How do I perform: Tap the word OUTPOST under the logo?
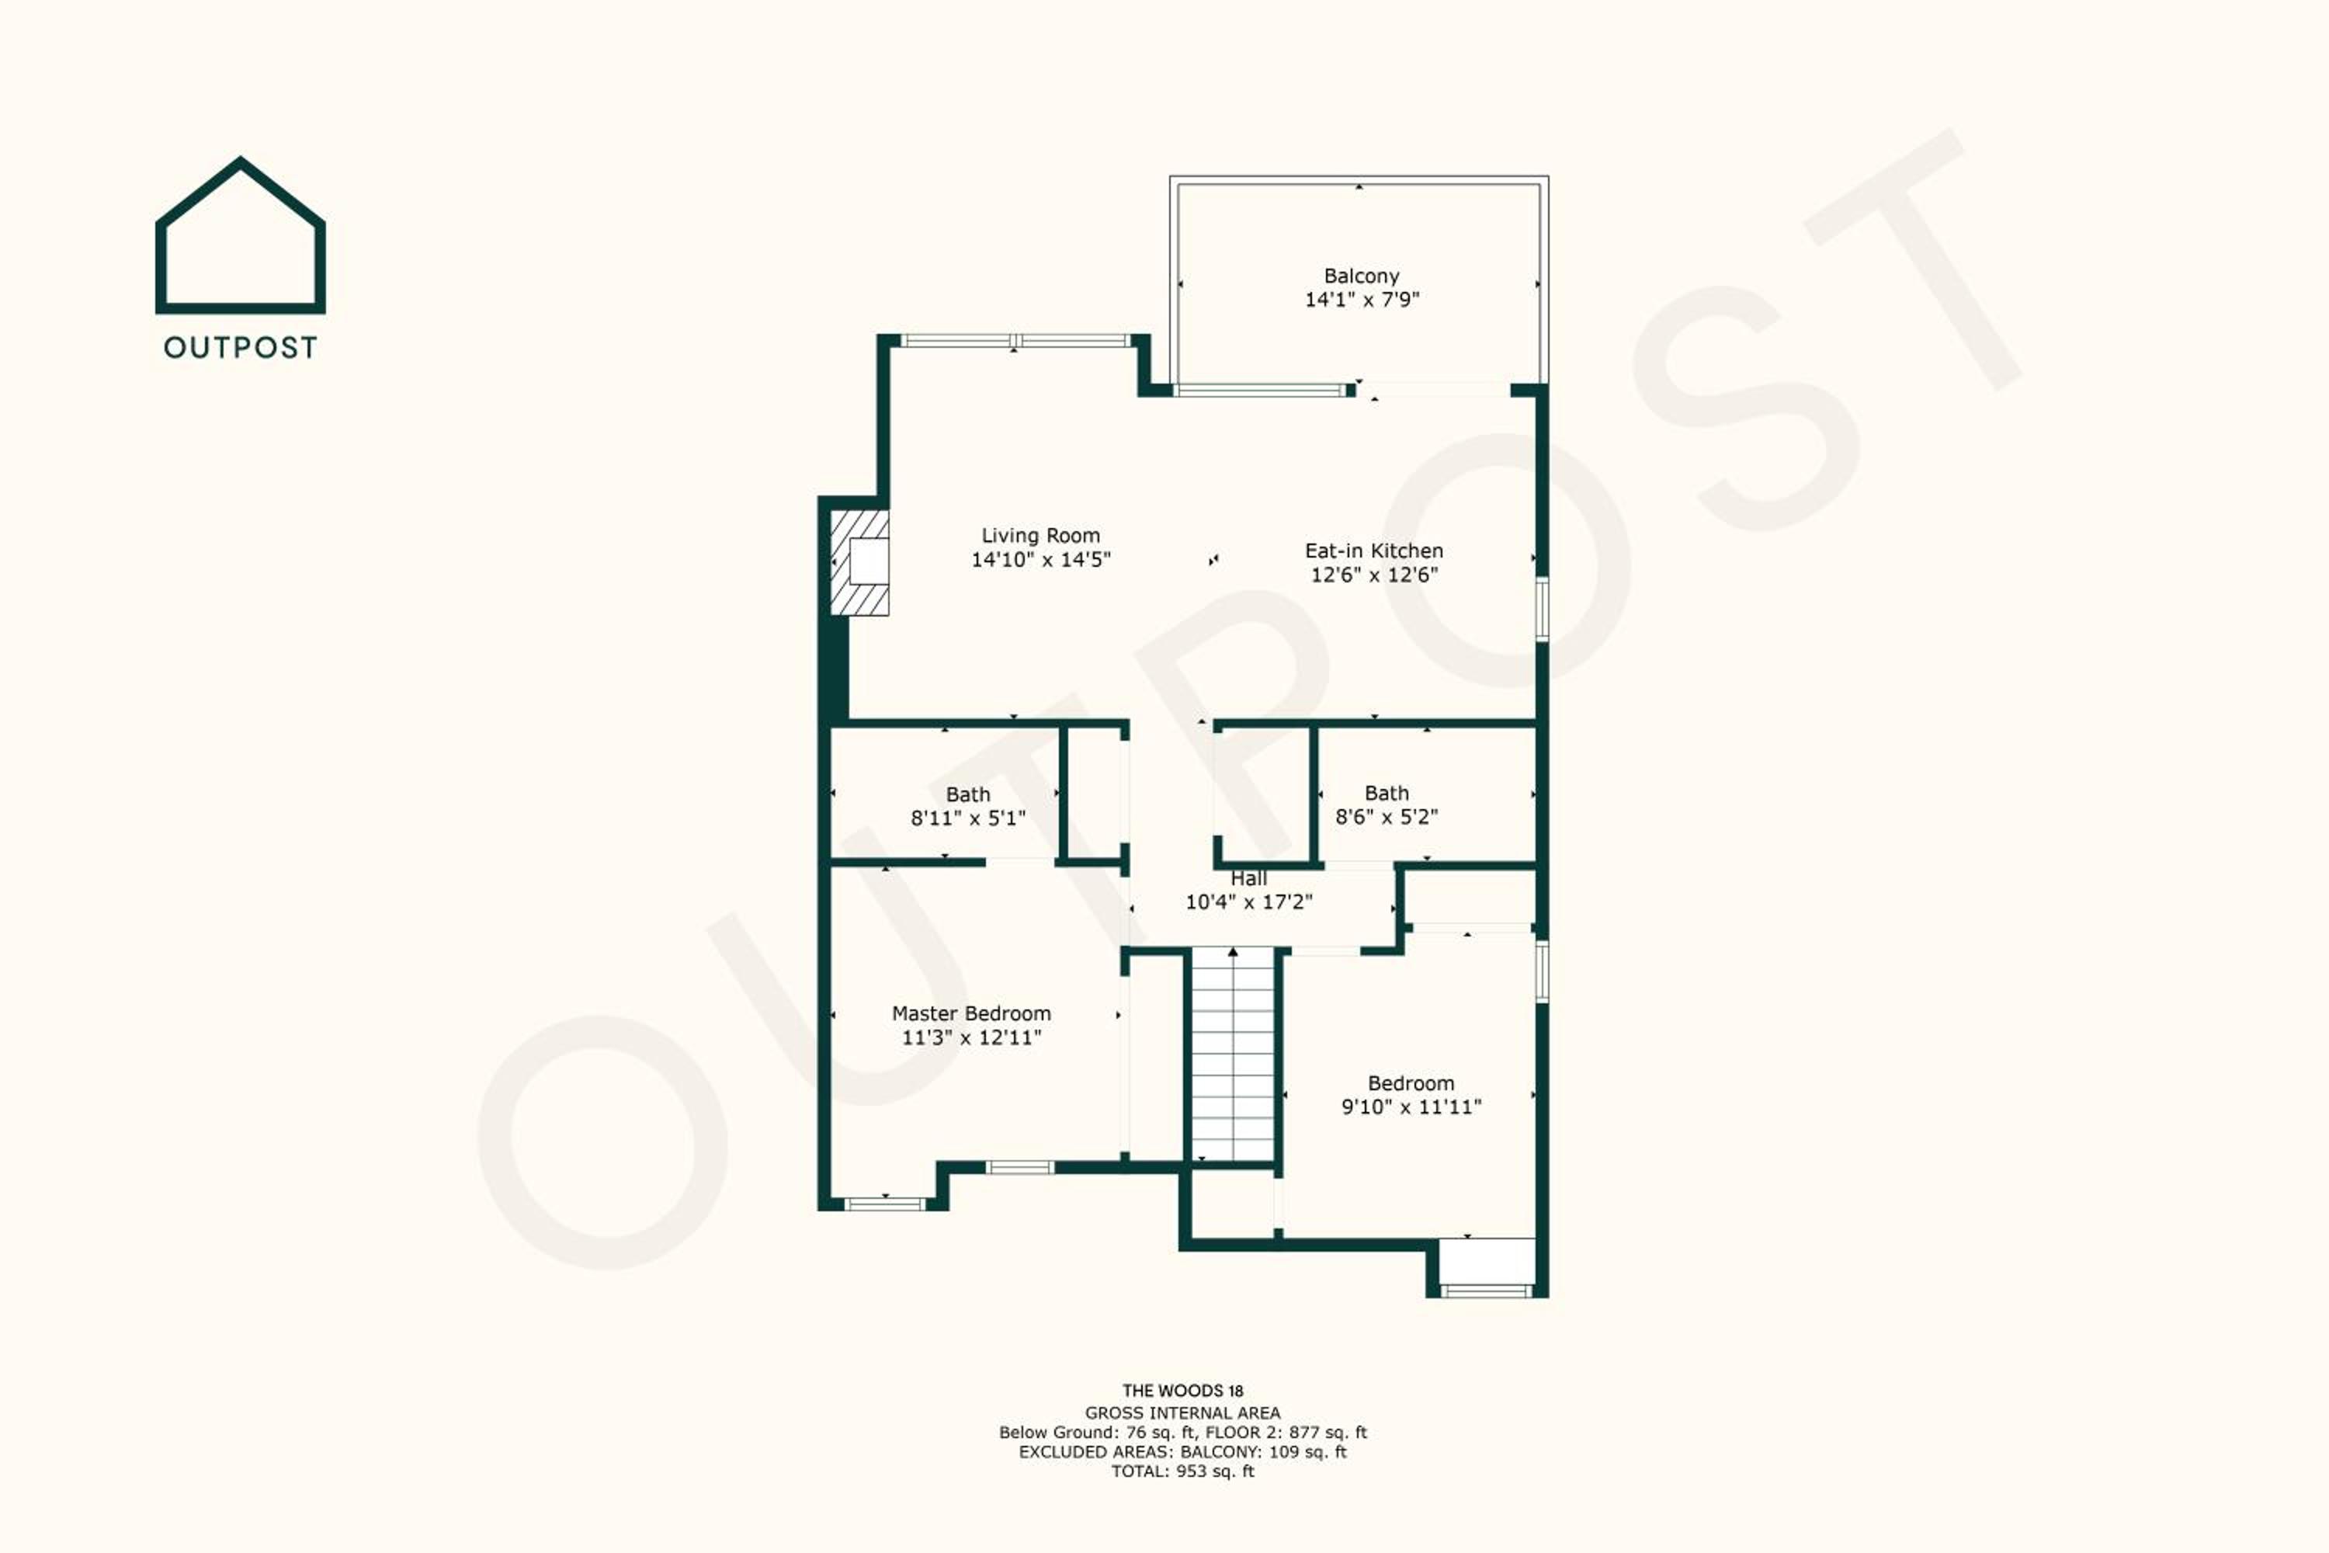(x=241, y=348)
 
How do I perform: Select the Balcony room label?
(x=1362, y=276)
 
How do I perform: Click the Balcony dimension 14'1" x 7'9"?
(x=1362, y=300)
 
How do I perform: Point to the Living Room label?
(x=1041, y=536)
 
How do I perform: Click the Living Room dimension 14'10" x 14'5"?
(x=1041, y=560)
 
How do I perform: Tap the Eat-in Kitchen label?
(x=1373, y=551)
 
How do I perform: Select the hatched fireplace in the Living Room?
(x=859, y=562)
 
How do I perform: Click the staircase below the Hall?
(x=1232, y=1054)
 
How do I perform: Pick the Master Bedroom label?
(x=971, y=1013)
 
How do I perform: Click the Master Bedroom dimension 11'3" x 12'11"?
(x=971, y=1038)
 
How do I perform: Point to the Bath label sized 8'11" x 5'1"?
(x=967, y=794)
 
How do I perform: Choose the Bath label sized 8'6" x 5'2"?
(x=1387, y=794)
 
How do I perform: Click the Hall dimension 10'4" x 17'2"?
(x=1248, y=902)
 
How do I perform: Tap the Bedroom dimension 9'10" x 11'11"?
(x=1411, y=1107)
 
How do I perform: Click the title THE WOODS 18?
(x=1182, y=1391)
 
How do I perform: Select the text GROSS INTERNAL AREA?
(x=1182, y=1413)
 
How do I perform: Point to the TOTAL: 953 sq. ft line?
(x=1182, y=1471)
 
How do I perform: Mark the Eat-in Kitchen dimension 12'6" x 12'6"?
(x=1373, y=575)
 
